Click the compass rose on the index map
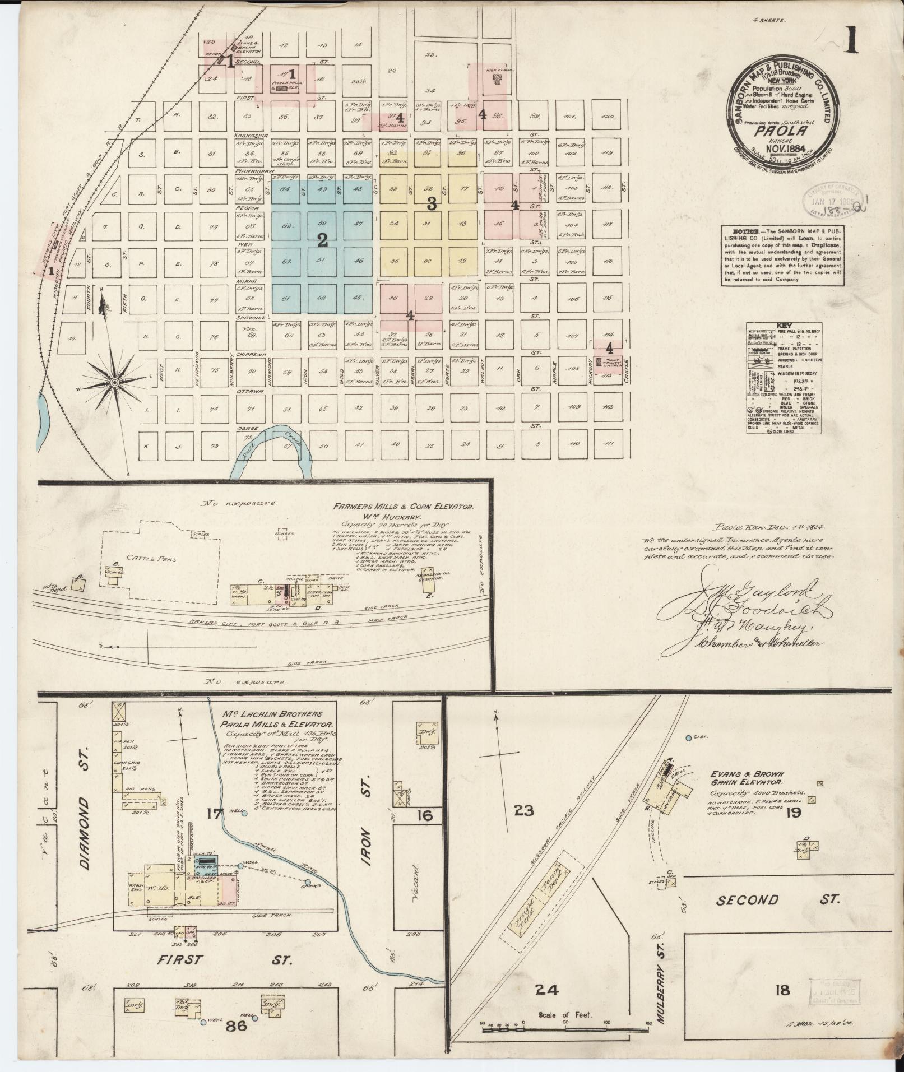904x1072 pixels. (x=114, y=382)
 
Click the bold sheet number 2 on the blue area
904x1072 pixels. (x=322, y=241)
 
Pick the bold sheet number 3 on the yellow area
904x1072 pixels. (x=431, y=205)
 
